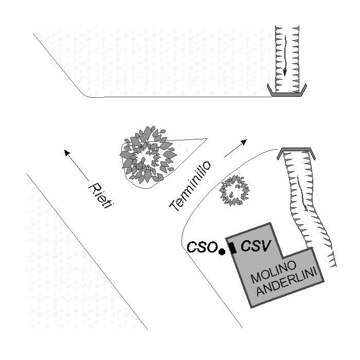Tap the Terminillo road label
click(x=190, y=186)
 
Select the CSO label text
click(x=202, y=247)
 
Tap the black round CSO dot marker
click(x=222, y=252)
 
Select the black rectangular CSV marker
click(x=233, y=248)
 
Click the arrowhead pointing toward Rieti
click(x=66, y=152)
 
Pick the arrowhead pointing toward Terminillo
click(x=244, y=141)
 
